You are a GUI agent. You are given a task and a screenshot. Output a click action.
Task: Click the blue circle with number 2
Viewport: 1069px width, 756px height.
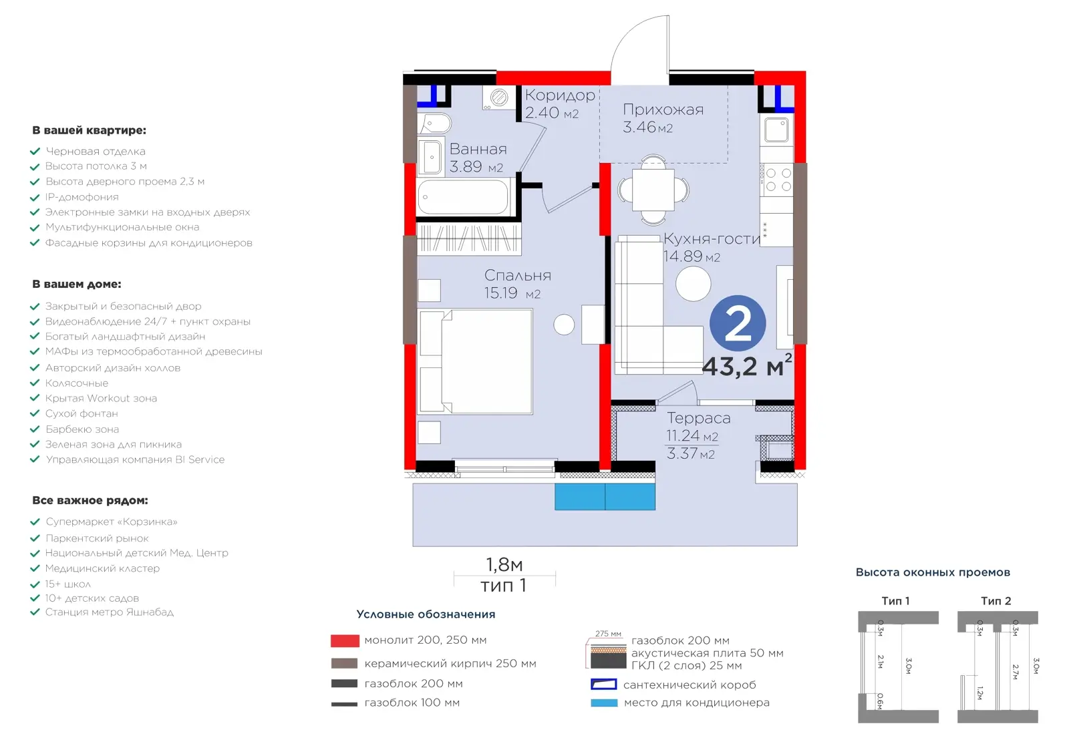click(738, 324)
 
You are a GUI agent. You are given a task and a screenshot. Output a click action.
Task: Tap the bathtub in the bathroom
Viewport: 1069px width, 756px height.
click(463, 197)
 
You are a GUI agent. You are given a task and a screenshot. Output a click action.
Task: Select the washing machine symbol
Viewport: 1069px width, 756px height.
click(498, 98)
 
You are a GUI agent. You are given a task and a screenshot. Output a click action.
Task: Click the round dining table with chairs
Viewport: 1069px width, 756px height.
click(653, 190)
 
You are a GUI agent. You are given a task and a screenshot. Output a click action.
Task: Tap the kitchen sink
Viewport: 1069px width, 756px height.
click(776, 130)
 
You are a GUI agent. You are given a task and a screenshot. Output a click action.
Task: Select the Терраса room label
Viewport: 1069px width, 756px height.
click(699, 418)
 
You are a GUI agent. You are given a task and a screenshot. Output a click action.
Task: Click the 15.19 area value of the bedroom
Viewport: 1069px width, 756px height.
click(500, 293)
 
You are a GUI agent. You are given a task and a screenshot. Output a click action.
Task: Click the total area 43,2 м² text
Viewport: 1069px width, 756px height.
click(747, 365)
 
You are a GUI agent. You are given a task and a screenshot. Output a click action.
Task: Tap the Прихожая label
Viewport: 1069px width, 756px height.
click(663, 110)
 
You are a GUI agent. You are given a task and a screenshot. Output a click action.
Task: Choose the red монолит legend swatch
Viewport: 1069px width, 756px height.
click(345, 640)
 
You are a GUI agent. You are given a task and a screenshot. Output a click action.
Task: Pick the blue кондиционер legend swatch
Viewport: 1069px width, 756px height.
click(604, 703)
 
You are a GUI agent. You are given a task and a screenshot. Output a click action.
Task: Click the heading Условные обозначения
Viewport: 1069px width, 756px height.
click(426, 614)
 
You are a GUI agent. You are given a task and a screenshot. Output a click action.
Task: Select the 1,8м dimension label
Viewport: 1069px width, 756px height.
click(504, 565)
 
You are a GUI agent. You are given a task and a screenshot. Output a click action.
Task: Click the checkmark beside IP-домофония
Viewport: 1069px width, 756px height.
click(35, 197)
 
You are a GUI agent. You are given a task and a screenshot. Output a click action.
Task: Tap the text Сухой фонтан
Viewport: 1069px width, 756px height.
click(82, 413)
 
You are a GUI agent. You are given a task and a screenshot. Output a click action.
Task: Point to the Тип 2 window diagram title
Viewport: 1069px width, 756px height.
click(996, 601)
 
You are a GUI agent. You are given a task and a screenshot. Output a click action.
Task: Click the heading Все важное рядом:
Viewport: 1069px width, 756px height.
click(90, 500)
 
